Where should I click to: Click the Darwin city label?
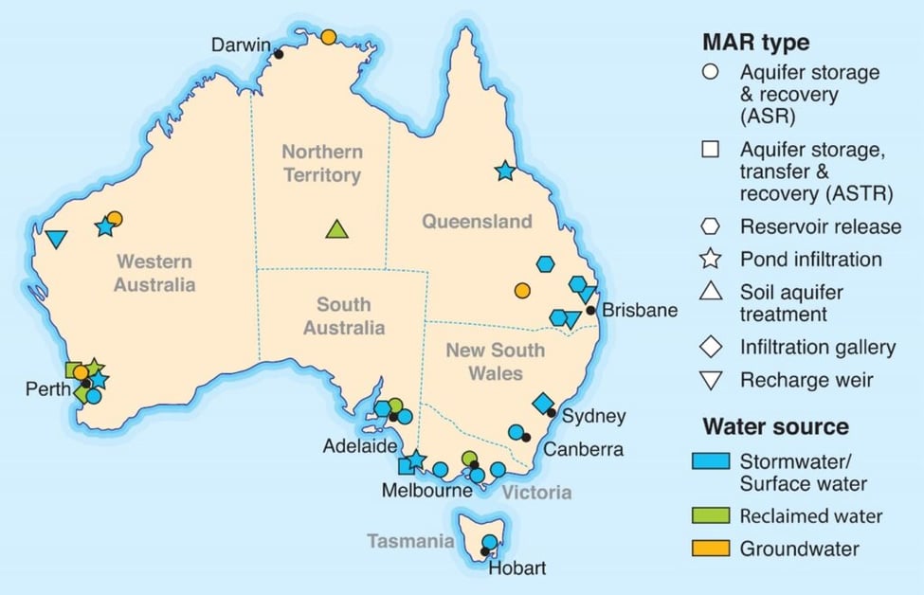[241, 45]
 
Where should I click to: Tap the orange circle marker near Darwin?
[328, 37]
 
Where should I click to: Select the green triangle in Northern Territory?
[336, 228]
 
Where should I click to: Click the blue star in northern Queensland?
[504, 171]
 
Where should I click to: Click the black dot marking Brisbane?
[590, 310]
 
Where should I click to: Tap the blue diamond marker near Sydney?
[543, 405]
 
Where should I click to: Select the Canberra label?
[583, 449]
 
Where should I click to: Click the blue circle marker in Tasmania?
[489, 542]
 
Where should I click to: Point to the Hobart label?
[516, 569]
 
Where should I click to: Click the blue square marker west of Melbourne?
[407, 465]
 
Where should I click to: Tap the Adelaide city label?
[360, 446]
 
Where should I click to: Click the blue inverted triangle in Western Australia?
[56, 239]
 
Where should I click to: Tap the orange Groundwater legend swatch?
[716, 548]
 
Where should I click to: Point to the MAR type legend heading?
[755, 43]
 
